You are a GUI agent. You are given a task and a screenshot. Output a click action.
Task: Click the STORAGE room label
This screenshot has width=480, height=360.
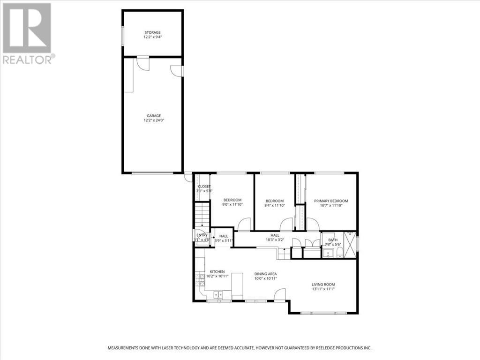152,32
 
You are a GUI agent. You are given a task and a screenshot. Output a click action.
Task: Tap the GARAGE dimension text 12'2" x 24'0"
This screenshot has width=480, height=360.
152,120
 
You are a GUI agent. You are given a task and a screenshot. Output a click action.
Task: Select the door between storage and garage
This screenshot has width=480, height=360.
142,64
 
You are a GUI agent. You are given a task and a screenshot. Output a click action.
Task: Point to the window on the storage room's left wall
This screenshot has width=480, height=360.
123,36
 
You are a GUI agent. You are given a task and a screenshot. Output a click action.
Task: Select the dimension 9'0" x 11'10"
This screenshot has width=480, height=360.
232,205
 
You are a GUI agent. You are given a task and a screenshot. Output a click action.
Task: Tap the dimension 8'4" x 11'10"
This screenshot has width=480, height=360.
274,205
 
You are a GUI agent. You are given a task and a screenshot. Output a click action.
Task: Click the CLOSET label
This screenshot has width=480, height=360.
204,187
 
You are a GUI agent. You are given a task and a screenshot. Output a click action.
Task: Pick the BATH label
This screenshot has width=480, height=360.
332,240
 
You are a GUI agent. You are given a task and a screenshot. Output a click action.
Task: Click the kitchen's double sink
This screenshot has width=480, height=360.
218,295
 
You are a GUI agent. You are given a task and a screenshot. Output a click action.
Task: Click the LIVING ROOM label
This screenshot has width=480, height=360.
323,284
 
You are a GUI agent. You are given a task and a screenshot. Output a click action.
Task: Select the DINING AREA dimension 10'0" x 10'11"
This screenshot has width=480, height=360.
266,278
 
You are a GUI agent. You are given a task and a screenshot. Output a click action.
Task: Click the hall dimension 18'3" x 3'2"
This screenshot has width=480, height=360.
275,240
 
